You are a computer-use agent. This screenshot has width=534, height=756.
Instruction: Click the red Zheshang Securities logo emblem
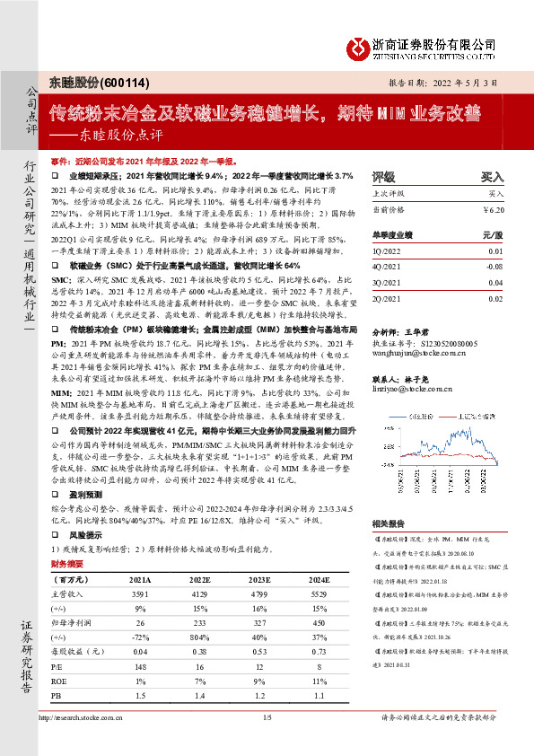click(x=361, y=45)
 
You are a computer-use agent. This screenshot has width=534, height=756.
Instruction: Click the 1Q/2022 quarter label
click(x=387, y=252)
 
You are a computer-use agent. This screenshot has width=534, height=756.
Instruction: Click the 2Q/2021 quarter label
click(x=387, y=297)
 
